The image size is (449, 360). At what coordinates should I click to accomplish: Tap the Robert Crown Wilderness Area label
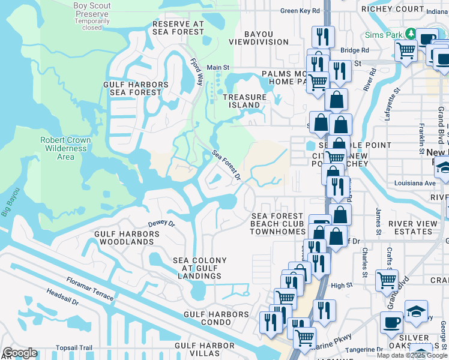[65, 148]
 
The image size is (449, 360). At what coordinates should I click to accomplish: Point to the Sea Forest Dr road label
[226, 165]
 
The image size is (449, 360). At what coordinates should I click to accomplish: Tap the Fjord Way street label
[197, 71]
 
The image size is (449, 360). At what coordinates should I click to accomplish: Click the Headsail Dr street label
[62, 298]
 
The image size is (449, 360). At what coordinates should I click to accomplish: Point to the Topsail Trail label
[74, 347]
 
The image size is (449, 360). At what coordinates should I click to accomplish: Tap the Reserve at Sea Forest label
[178, 28]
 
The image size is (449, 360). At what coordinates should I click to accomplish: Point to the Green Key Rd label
[300, 10]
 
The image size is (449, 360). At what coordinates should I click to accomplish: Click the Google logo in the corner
[20, 353]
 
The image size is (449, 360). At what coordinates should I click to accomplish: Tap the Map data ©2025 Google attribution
[412, 355]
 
